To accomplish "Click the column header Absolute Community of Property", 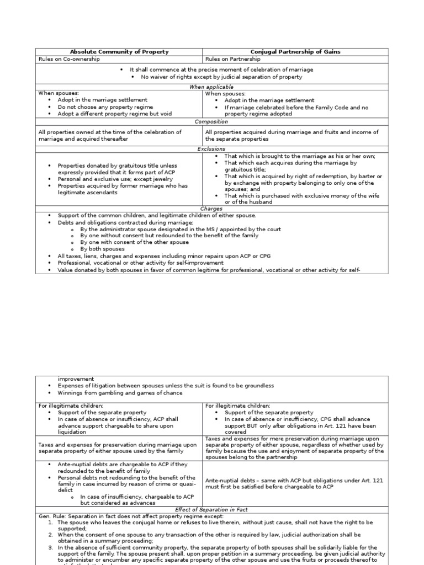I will click(x=119, y=52).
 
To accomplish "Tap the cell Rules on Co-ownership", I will click(x=69, y=59).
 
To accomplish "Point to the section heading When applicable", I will click(x=211, y=87).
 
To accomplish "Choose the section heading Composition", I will click(x=211, y=121).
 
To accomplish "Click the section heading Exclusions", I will click(x=211, y=149).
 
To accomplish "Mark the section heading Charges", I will click(x=211, y=209).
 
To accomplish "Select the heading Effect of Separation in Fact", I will click(x=211, y=509).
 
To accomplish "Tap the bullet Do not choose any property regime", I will click(x=105, y=107).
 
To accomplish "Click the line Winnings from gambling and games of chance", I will click(x=120, y=393).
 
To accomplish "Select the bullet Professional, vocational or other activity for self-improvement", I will click(x=141, y=263).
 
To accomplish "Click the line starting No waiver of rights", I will click(x=221, y=77).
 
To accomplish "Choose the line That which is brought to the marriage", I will click(x=293, y=156).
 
